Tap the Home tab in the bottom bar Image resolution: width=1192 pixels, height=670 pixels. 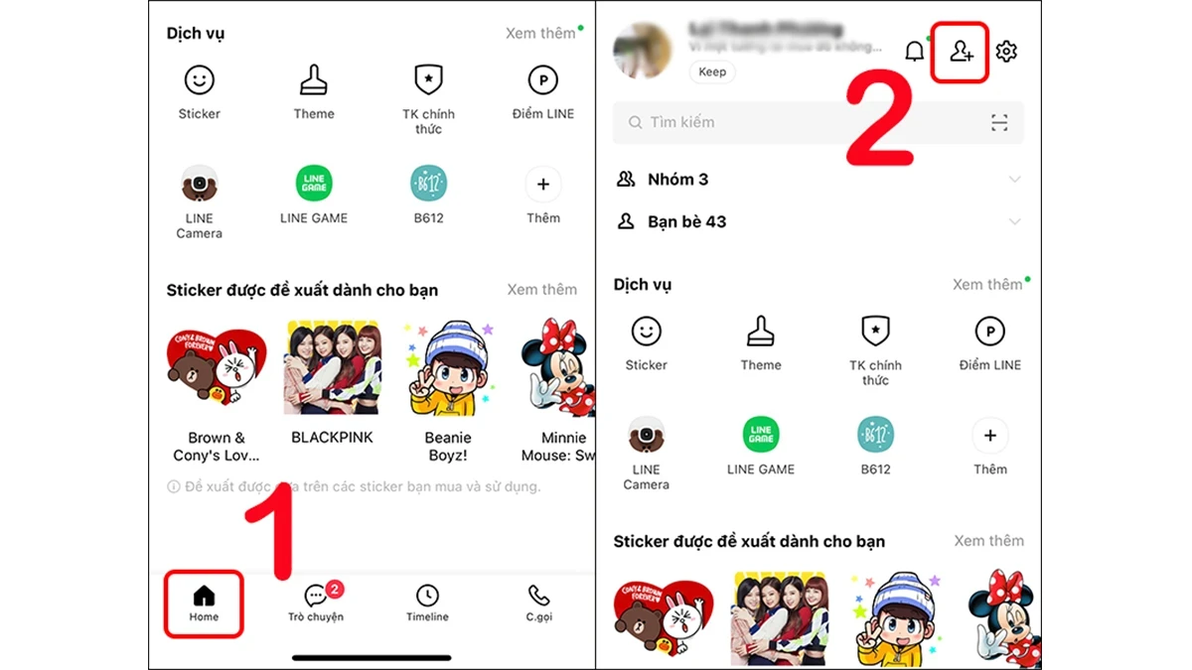pyautogui.click(x=204, y=603)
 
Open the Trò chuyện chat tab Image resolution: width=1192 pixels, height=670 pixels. pyautogui.click(x=316, y=603)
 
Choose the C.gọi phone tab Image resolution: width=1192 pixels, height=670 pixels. pyautogui.click(x=538, y=603)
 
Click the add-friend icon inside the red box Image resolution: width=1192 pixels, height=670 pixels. pyautogui.click(x=961, y=52)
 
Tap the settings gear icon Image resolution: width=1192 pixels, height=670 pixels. pyautogui.click(x=1006, y=52)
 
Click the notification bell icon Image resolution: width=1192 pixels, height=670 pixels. pyautogui.click(x=915, y=52)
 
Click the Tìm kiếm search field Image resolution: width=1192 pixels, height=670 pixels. pyautogui.click(x=795, y=123)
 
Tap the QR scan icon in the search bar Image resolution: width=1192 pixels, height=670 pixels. pyautogui.click(x=999, y=123)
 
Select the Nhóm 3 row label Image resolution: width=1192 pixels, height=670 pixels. pyautogui.click(x=677, y=180)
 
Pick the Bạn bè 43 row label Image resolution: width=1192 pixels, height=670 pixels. pyautogui.click(x=686, y=221)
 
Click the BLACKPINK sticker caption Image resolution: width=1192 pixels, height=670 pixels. pyautogui.click(x=332, y=438)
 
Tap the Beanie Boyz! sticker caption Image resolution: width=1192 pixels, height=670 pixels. pyautogui.click(x=447, y=447)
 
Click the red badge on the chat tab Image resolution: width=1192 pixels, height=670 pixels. pyautogui.click(x=335, y=590)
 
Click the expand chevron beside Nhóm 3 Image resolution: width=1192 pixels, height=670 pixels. pyautogui.click(x=1014, y=180)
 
